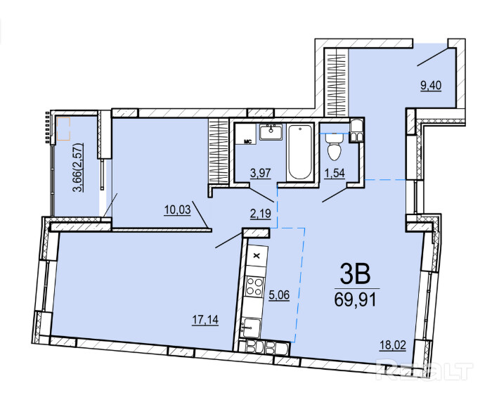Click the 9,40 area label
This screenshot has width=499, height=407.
pos(431,86)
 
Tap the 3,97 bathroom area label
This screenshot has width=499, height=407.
pos(260,174)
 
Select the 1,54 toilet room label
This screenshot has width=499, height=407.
pos(335,174)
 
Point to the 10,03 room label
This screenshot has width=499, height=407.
pos(177,210)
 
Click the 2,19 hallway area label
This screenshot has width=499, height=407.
pos(261,214)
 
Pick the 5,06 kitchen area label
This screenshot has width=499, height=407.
pos(279,295)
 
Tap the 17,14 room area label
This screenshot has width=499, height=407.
pos(205,320)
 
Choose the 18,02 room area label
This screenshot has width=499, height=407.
pos(393,345)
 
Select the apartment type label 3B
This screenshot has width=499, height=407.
pos(356,275)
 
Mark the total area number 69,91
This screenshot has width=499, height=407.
pos(356,299)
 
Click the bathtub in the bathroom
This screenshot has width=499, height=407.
pos(299,152)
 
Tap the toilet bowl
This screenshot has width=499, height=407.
pos(334,147)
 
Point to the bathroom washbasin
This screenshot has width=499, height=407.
pos(271,131)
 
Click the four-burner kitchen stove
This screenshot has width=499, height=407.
pos(255,286)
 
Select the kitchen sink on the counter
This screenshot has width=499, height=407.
pos(251,328)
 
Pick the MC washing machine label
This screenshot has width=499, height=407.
pos(247,141)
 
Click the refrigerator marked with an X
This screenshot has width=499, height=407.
pos(258,256)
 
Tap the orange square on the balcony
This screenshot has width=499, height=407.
pos(63,129)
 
